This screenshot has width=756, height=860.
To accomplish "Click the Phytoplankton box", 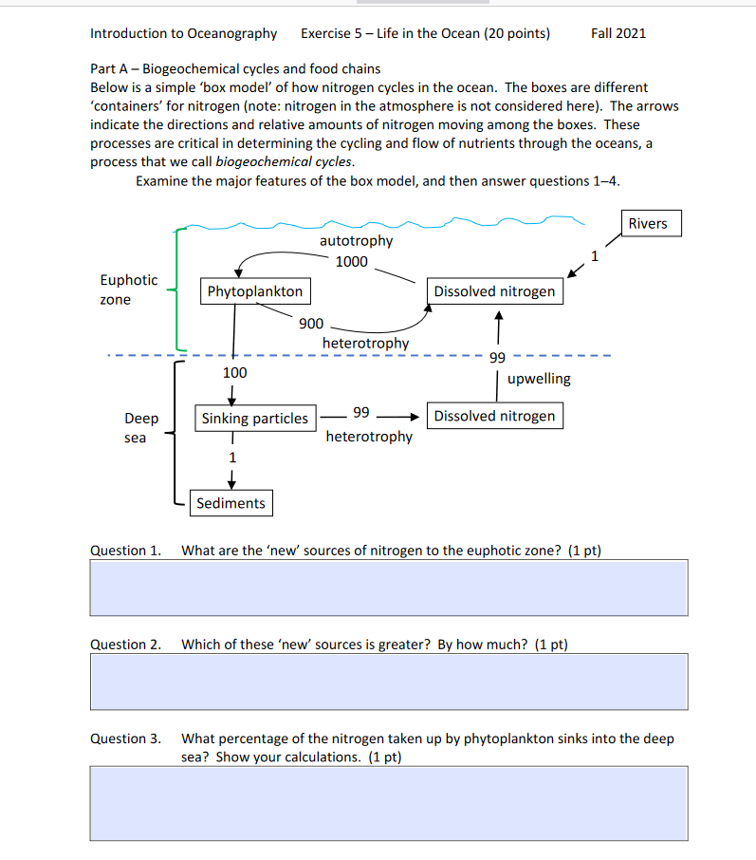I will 254,291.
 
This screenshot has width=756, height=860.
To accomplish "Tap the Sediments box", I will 230,503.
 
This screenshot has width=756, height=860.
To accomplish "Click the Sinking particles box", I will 254,418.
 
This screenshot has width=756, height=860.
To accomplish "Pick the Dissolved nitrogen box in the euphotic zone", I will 494,291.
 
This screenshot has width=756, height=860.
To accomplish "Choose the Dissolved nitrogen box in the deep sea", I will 494,416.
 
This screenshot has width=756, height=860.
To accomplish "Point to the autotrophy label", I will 356,241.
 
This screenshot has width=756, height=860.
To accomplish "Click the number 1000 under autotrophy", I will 351,262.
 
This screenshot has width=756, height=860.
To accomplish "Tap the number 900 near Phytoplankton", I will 311,324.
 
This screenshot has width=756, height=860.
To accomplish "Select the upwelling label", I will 539,379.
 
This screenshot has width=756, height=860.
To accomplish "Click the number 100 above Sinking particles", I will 234,373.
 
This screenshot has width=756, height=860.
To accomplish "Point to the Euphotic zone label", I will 129,290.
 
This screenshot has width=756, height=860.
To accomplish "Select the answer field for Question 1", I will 389,588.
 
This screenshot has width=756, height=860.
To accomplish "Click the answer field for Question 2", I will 389,682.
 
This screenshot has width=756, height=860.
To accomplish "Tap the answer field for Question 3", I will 389,803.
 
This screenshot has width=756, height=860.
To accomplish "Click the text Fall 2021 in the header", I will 618,33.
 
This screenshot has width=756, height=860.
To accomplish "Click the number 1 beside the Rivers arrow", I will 595,254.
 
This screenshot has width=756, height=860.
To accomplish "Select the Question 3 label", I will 125,738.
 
